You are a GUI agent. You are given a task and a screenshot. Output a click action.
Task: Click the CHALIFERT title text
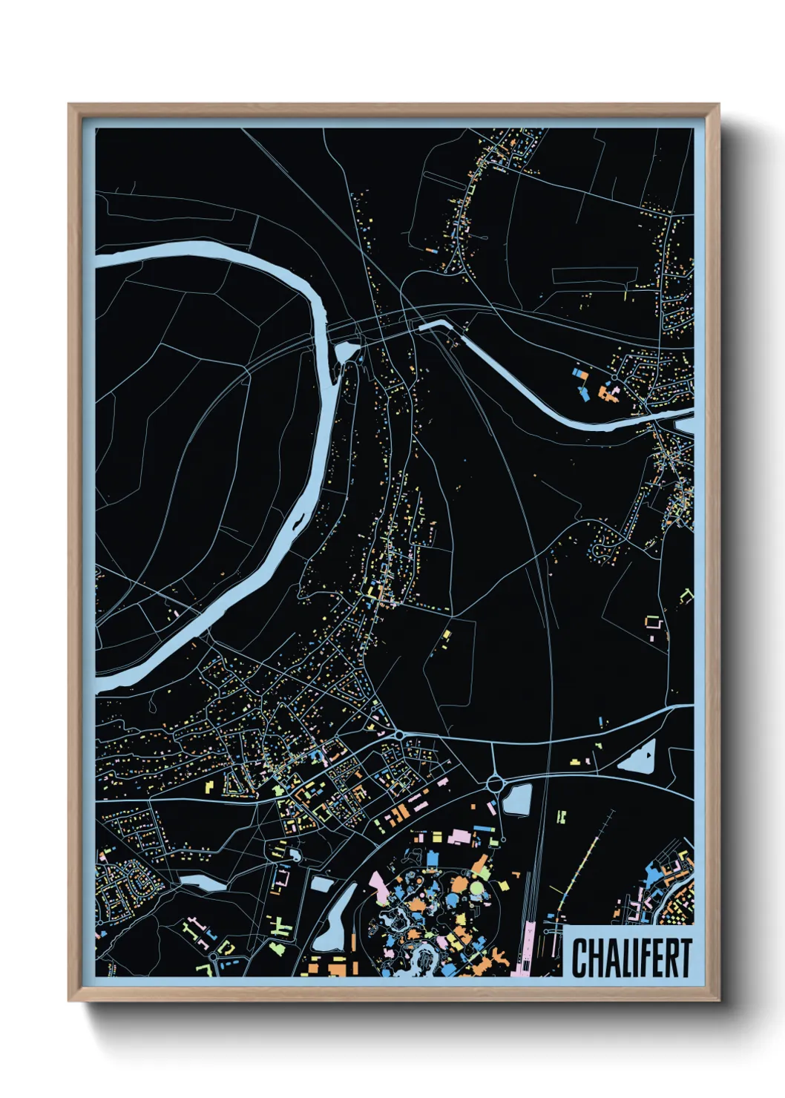pos(631,958)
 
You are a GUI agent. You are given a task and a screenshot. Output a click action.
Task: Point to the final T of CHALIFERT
pos(686,958)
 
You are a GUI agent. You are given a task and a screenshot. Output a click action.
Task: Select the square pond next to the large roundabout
pos(519,800)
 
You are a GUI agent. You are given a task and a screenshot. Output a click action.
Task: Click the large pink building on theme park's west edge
pos(378,887)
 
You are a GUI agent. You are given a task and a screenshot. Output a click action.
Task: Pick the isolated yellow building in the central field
pos(447,635)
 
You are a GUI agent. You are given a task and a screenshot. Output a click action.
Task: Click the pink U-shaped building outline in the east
pos(653,623)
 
